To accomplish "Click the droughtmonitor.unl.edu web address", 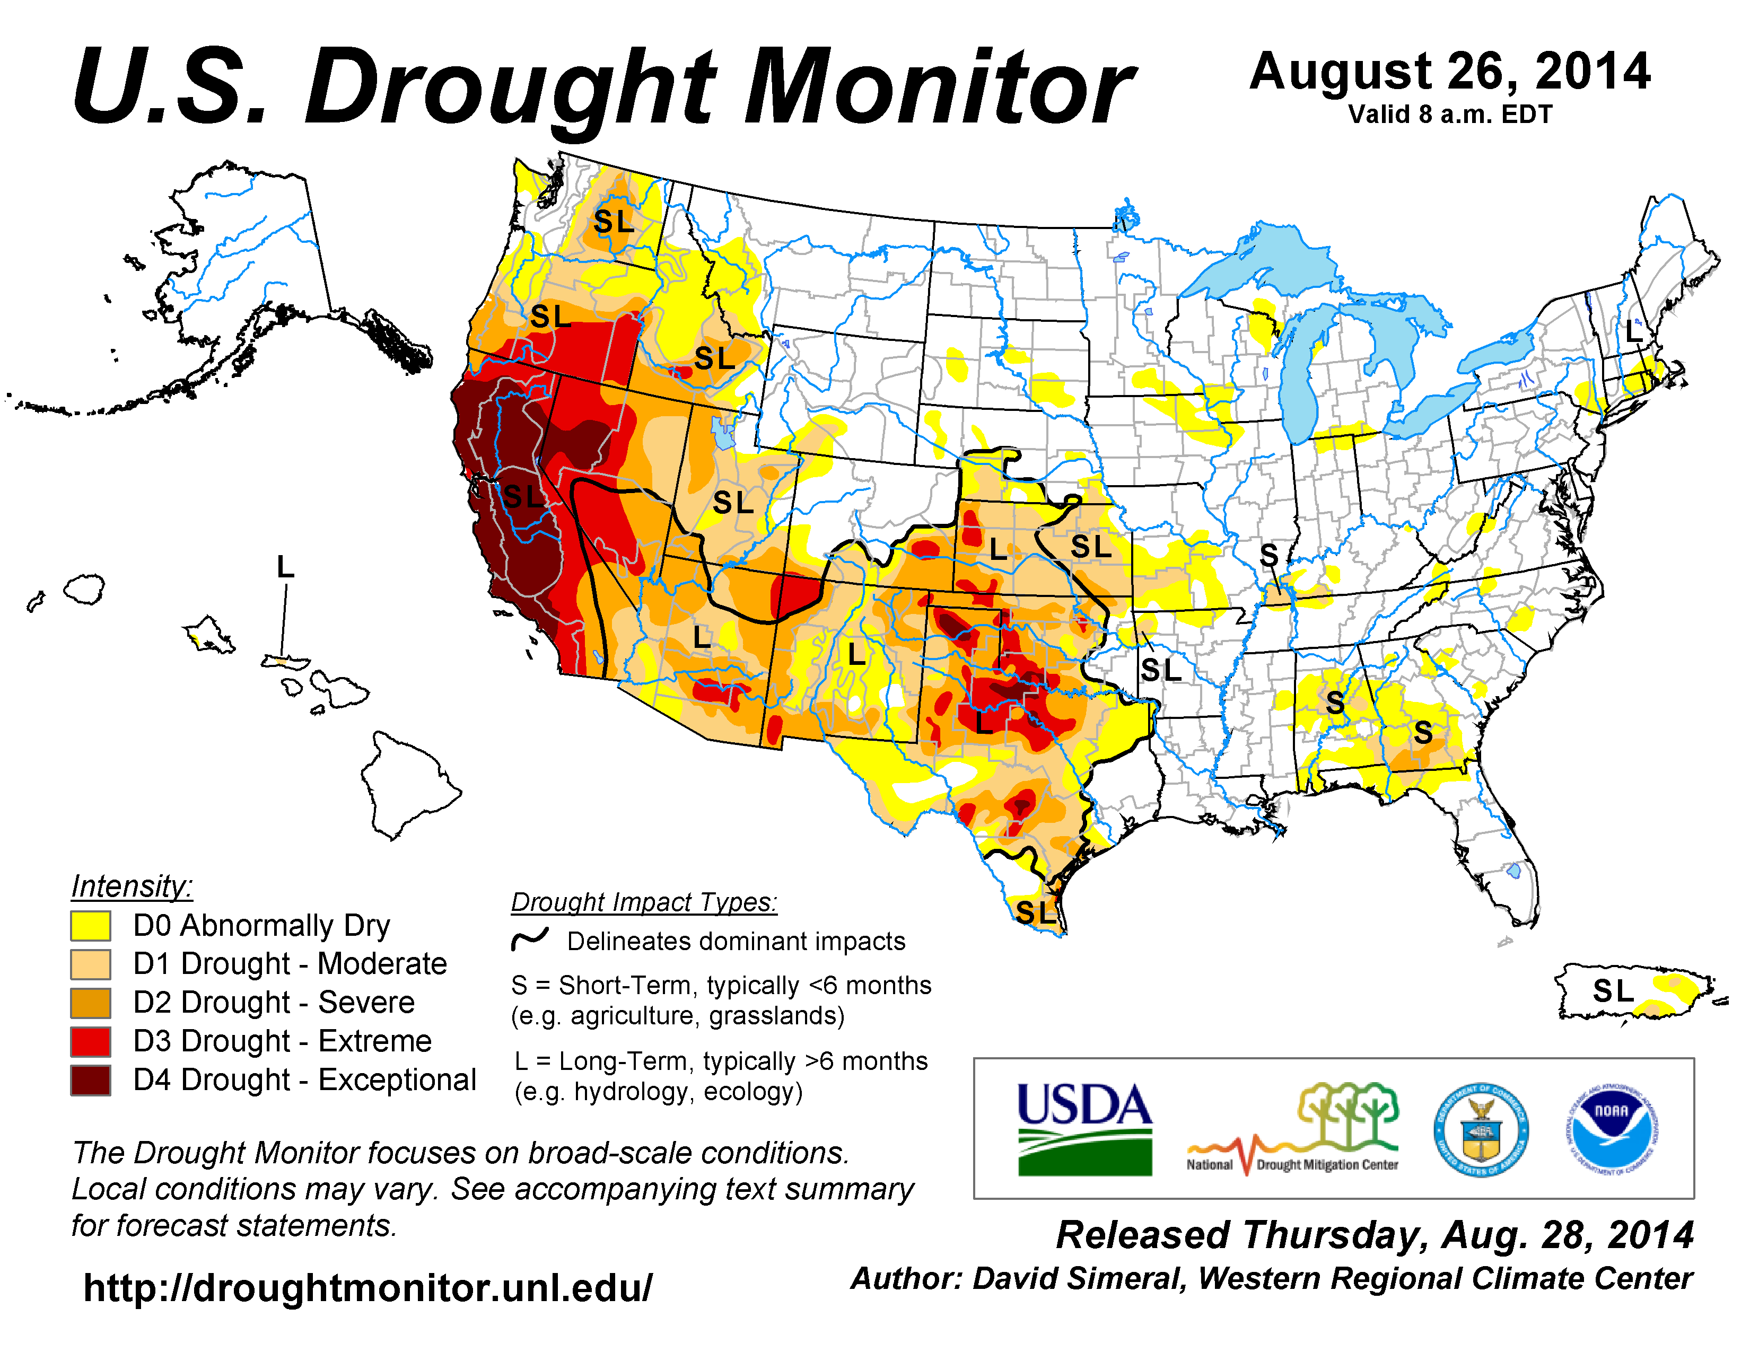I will coord(368,1288).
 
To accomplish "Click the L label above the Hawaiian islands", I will coord(285,567).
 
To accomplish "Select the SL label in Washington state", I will coord(614,222).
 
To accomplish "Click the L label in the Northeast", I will coord(1633,330).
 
